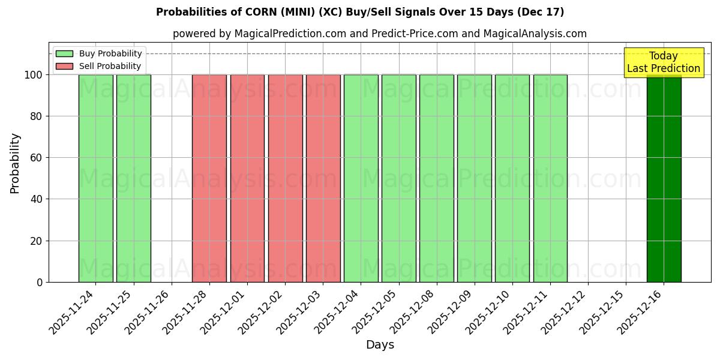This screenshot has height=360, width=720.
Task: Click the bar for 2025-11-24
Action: coord(96,178)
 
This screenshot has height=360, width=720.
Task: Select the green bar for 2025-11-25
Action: coord(134,178)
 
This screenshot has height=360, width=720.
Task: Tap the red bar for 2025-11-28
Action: coord(209,178)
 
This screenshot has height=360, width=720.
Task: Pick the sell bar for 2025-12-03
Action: coord(323,178)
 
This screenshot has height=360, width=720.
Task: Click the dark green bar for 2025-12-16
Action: coord(664,178)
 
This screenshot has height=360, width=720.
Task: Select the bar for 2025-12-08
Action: coord(436,178)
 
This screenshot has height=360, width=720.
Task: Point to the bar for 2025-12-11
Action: coord(550,178)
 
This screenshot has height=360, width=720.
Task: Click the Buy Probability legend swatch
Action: coord(64,53)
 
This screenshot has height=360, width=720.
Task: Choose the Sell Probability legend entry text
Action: coord(110,66)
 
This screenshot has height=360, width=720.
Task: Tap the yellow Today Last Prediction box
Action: coord(664,62)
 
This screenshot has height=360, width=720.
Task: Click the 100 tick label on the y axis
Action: coord(33,75)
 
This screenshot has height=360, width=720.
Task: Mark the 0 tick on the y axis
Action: coord(40,282)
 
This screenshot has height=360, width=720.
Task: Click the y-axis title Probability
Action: coord(15,163)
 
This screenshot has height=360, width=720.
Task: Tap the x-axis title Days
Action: coord(380,345)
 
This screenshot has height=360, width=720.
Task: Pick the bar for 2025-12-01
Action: coord(247,178)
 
